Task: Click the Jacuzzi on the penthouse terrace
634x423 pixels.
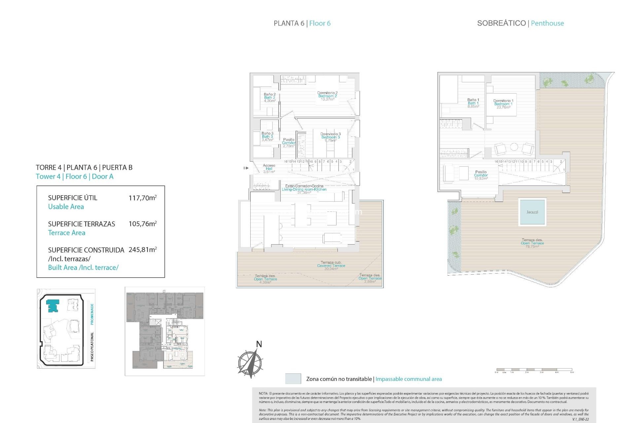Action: (x=532, y=212)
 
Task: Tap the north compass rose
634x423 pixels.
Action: (x=250, y=363)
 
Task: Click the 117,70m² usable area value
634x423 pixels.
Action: (x=142, y=198)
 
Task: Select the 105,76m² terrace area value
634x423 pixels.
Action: (x=142, y=224)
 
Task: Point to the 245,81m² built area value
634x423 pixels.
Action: (x=142, y=250)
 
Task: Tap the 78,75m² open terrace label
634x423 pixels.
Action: (x=532, y=243)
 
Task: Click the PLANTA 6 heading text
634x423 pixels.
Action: (x=289, y=23)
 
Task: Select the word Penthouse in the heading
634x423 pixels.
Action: (x=547, y=23)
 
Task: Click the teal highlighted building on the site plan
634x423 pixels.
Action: (x=53, y=306)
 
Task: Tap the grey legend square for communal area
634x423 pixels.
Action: (x=293, y=379)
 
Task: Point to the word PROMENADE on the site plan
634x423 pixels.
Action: (x=92, y=314)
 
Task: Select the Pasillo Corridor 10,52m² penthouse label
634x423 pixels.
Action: (x=481, y=175)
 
